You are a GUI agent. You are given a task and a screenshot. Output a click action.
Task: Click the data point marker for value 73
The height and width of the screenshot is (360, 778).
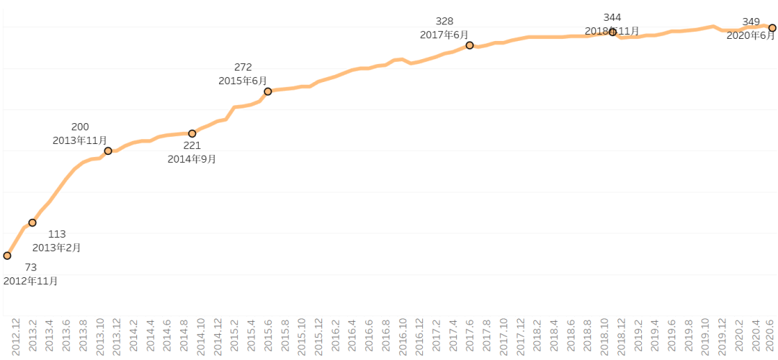pyautogui.click(x=7, y=256)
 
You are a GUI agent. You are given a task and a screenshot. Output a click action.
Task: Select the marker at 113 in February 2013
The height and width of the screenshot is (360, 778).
pyautogui.click(x=32, y=222)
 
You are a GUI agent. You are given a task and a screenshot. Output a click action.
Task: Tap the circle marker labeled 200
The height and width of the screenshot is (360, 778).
pyautogui.click(x=108, y=150)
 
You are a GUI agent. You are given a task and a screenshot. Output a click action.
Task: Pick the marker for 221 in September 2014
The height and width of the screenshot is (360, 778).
pyautogui.click(x=192, y=133)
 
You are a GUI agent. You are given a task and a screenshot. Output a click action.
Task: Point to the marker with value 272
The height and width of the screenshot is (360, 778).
pyautogui.click(x=268, y=91)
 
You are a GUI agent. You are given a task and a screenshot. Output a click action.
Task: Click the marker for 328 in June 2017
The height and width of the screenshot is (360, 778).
pyautogui.click(x=470, y=45)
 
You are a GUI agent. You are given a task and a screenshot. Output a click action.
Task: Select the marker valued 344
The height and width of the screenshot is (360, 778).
pyautogui.click(x=613, y=32)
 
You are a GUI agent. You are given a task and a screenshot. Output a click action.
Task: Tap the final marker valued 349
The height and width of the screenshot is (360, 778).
pyautogui.click(x=772, y=28)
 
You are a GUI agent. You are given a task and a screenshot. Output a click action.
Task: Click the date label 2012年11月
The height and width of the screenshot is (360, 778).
pyautogui.click(x=30, y=281)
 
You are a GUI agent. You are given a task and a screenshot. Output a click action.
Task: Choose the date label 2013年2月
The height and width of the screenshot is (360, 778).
pyautogui.click(x=57, y=248)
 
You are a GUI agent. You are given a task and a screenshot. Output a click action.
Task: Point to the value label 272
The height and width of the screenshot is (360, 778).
pyautogui.click(x=243, y=68)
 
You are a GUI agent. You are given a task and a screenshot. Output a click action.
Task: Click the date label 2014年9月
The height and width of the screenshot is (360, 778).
pyautogui.click(x=192, y=159)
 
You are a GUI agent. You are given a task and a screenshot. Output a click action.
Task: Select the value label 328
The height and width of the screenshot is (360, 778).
pyautogui.click(x=445, y=21)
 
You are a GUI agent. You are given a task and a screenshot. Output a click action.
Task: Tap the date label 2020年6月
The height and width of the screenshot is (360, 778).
pyautogui.click(x=751, y=35)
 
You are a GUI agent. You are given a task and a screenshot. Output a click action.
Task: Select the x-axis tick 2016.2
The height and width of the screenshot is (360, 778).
pyautogui.click(x=335, y=338)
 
